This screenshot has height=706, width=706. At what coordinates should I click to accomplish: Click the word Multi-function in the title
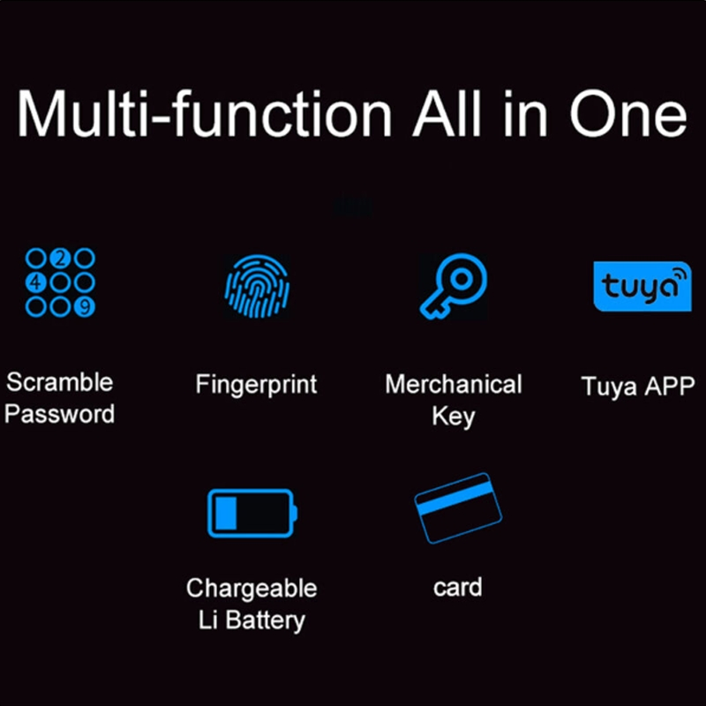click(204, 115)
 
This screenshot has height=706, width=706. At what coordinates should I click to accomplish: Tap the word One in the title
click(627, 115)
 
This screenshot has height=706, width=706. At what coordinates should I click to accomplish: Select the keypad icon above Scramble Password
click(60, 282)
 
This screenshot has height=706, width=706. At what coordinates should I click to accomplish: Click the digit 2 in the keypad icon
click(60, 258)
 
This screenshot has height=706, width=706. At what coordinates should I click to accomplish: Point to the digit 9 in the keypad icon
click(85, 306)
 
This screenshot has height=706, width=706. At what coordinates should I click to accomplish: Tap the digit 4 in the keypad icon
click(35, 282)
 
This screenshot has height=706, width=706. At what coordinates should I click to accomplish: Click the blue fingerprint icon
click(257, 283)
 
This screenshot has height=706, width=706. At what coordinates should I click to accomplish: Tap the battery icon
click(252, 513)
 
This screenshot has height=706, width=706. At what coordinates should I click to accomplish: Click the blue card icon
click(457, 509)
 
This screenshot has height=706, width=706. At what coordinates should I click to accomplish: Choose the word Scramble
click(60, 382)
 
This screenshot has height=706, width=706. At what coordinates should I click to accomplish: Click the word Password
click(60, 414)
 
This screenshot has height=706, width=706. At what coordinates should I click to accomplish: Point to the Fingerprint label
click(256, 385)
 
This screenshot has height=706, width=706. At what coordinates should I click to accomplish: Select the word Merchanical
click(454, 385)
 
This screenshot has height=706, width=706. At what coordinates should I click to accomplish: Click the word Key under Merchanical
click(454, 416)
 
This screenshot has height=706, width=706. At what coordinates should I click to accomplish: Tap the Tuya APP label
click(638, 386)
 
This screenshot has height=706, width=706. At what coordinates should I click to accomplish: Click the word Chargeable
click(252, 588)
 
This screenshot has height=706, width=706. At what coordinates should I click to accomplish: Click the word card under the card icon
click(457, 587)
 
